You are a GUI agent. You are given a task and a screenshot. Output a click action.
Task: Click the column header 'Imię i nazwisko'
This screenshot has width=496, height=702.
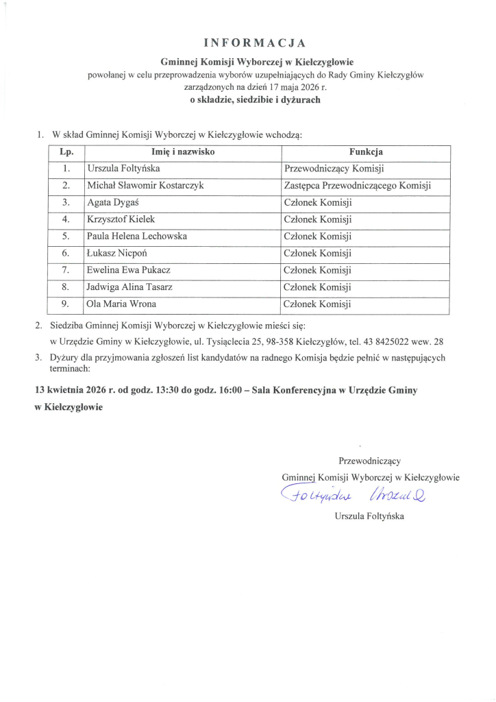(x=183, y=152)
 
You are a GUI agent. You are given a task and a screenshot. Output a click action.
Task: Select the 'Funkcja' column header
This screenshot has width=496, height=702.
(x=366, y=152)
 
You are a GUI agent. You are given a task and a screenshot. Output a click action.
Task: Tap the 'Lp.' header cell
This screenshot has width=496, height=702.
(x=66, y=152)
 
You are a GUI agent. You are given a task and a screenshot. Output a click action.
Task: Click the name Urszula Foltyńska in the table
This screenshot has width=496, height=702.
(x=124, y=168)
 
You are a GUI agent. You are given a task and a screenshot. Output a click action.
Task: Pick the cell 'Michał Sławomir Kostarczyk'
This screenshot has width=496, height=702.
(x=145, y=185)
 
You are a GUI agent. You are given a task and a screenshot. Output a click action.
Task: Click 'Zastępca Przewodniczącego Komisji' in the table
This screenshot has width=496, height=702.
(x=357, y=185)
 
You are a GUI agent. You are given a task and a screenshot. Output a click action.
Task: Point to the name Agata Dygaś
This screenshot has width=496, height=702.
(x=112, y=202)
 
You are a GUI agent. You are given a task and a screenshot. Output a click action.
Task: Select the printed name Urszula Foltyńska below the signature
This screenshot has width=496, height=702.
(x=369, y=516)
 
